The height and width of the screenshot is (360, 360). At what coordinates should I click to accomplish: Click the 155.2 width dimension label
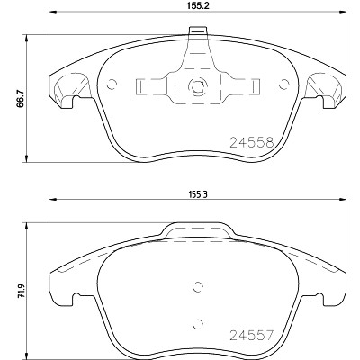click(x=198, y=6)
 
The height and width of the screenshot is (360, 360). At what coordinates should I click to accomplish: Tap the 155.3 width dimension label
click(x=198, y=194)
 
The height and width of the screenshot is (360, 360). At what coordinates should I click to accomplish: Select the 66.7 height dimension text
click(x=20, y=98)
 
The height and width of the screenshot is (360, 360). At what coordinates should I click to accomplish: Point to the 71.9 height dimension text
click(x=21, y=291)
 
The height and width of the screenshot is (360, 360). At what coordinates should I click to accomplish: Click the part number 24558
click(x=252, y=142)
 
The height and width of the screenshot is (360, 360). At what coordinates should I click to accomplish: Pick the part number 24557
click(x=252, y=335)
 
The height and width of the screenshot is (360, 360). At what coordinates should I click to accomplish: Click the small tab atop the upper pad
click(x=198, y=31)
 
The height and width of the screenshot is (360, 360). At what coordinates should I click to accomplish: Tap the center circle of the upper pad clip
click(x=198, y=86)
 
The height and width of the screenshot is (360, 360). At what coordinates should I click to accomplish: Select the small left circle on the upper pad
click(x=112, y=85)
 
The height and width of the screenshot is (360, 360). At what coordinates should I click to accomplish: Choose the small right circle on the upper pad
click(x=283, y=85)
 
